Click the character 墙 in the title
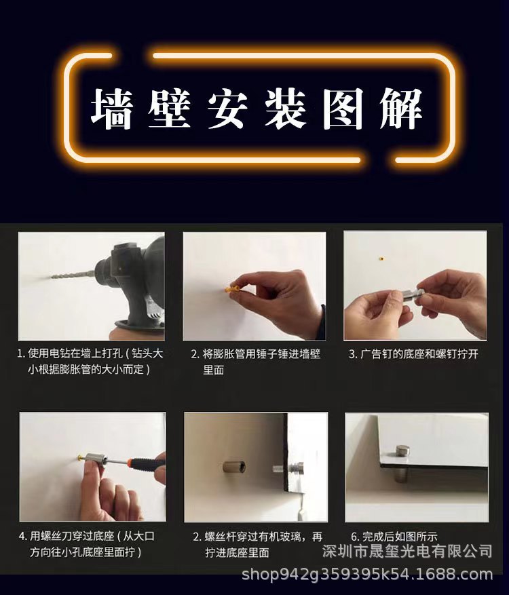point(113,109)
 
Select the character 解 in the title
point(401,109)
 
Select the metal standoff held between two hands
point(407,295)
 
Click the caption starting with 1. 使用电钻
point(90,362)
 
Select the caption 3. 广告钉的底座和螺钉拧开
point(413,354)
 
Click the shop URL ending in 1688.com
point(367,575)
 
